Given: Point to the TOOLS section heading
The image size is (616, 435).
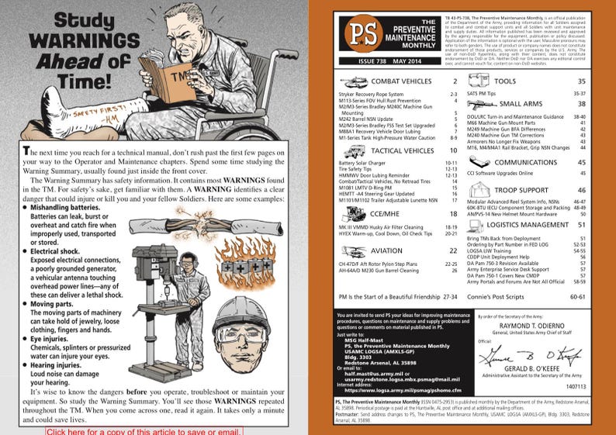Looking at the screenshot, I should pos(504,81).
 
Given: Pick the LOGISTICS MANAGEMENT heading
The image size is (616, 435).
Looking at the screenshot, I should pos(540,223).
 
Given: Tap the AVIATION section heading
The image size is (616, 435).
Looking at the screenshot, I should pos(386,250).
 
